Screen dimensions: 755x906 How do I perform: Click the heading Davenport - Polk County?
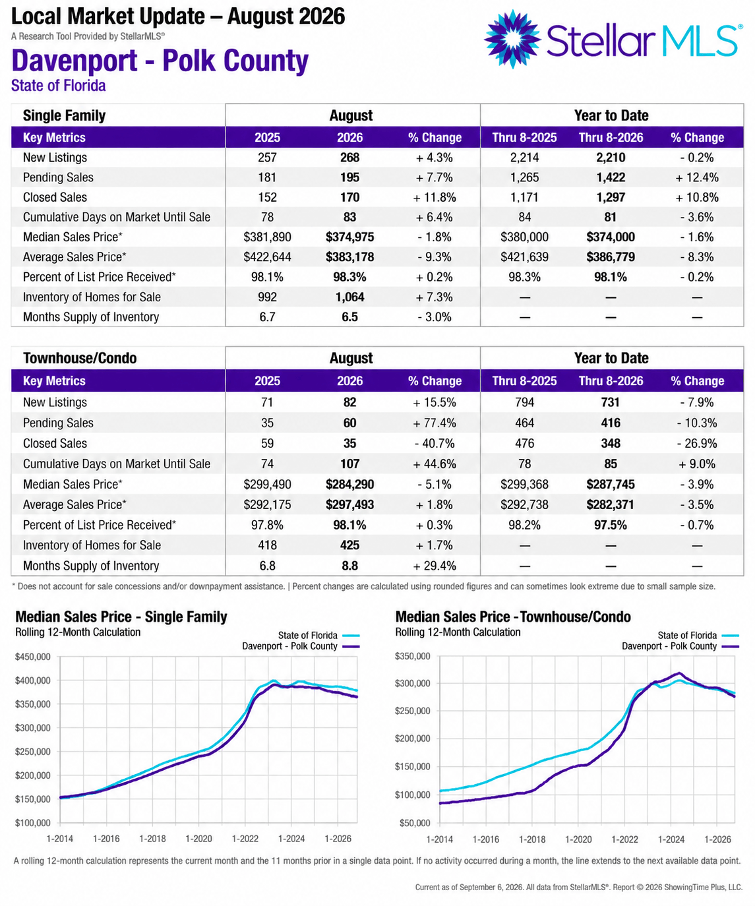[x=160, y=60]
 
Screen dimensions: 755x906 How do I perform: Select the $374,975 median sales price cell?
[x=349, y=237]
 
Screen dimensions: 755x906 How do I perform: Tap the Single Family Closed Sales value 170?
[x=349, y=197]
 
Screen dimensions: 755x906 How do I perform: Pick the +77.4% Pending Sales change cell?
[x=435, y=423]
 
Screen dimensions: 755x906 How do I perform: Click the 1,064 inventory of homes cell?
[x=349, y=297]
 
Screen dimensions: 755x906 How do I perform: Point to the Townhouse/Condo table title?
[x=80, y=358]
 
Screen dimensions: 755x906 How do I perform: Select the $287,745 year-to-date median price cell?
[x=611, y=484]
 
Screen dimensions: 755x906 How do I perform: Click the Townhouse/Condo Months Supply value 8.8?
[x=349, y=566]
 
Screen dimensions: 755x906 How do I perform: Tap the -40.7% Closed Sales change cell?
[x=435, y=444]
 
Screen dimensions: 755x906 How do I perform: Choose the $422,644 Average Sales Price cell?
[x=267, y=257]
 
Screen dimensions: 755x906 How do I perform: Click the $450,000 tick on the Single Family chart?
[x=33, y=657]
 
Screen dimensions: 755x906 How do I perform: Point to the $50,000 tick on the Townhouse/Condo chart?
[x=415, y=823]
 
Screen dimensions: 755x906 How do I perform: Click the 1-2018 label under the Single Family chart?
[x=152, y=839]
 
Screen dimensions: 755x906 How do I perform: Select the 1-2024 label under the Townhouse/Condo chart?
[x=671, y=839]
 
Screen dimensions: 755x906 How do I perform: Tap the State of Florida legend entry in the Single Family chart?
[x=318, y=635]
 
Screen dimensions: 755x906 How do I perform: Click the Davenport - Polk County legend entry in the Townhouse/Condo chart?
[x=680, y=646]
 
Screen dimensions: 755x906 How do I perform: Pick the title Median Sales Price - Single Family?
[x=121, y=617]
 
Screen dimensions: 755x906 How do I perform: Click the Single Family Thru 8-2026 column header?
[x=611, y=138]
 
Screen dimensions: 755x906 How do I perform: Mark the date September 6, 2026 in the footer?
[x=492, y=888]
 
